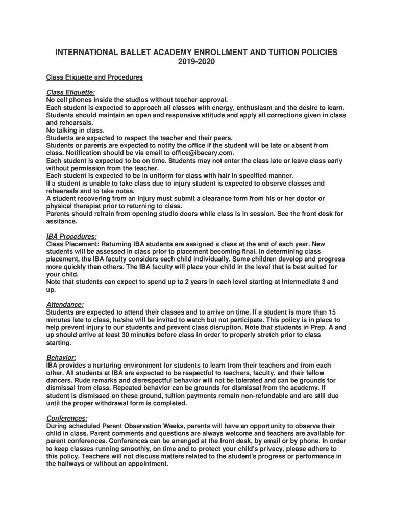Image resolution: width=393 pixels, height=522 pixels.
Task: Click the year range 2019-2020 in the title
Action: pos(196,62)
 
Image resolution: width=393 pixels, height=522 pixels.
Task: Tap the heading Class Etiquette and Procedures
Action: pos(94,77)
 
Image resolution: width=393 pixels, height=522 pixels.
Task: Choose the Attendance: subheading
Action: pos(65,305)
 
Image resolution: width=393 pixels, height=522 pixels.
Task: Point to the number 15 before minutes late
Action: pos(332,312)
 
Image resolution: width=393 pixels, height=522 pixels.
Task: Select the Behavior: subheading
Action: pos(61,358)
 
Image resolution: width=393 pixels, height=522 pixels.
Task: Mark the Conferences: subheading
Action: pos(66,419)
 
